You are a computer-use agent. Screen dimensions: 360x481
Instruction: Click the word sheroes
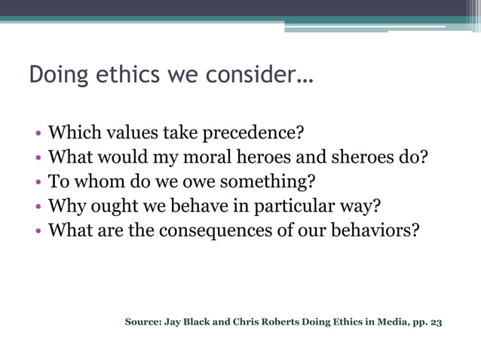[x=371, y=158]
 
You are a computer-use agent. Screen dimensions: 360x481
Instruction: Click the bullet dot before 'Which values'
[x=38, y=135]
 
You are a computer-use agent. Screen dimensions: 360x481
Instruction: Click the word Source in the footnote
[x=143, y=322]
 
